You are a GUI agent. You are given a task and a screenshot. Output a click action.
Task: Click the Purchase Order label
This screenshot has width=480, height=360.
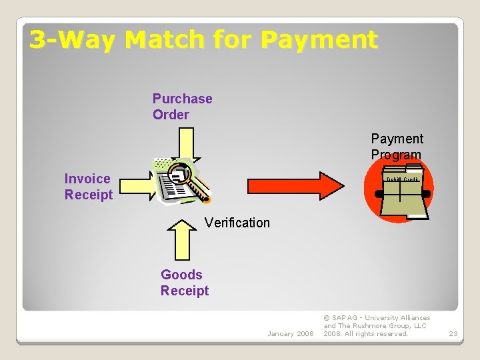(182, 107)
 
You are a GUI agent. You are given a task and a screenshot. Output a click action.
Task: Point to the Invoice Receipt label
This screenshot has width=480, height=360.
(88, 187)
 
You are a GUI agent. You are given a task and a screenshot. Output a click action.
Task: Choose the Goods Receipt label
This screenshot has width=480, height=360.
(184, 283)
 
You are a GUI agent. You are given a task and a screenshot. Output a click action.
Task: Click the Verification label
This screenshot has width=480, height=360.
(237, 223)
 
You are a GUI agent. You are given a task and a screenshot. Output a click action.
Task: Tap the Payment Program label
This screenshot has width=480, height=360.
(397, 147)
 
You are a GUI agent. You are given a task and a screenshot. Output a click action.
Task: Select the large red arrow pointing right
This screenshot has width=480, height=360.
(294, 186)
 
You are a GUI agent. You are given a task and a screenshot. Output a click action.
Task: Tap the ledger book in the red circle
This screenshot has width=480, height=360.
(403, 194)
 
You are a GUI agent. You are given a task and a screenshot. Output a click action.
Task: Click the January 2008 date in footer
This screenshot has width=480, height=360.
(290, 333)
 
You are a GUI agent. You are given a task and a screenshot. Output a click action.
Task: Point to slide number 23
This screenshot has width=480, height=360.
(453, 333)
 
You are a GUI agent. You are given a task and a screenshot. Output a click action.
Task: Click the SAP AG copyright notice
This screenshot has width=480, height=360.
(377, 326)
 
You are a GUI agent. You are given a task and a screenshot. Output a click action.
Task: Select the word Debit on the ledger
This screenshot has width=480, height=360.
(393, 179)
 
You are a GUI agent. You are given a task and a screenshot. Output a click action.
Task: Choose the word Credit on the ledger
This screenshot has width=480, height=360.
(411, 179)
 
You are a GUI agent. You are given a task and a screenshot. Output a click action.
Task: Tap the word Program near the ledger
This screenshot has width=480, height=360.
(397, 155)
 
